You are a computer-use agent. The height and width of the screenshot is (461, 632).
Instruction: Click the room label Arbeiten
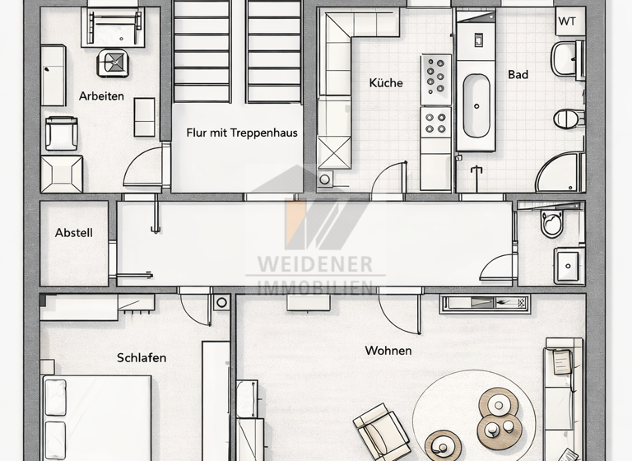coord(101,96)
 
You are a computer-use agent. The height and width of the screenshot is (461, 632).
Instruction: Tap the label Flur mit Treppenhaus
coord(241,133)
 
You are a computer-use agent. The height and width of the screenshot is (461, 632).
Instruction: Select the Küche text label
coord(386,83)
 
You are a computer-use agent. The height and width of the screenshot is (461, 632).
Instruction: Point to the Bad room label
coord(518,75)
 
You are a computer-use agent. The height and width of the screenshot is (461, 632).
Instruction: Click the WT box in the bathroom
coord(568,21)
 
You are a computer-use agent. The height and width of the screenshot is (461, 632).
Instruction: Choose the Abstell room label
coord(74,233)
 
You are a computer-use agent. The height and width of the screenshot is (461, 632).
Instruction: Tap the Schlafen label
coord(142,357)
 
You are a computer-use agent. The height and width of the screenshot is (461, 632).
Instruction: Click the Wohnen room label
coord(388,351)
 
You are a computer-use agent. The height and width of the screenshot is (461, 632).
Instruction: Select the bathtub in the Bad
coord(476,105)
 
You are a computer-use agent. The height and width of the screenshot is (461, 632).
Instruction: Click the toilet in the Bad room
coord(569,119)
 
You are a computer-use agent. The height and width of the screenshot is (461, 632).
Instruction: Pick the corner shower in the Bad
coord(560,173)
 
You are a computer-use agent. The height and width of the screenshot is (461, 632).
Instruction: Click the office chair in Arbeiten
coord(112,63)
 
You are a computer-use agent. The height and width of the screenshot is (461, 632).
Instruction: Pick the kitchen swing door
coord(389,181)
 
